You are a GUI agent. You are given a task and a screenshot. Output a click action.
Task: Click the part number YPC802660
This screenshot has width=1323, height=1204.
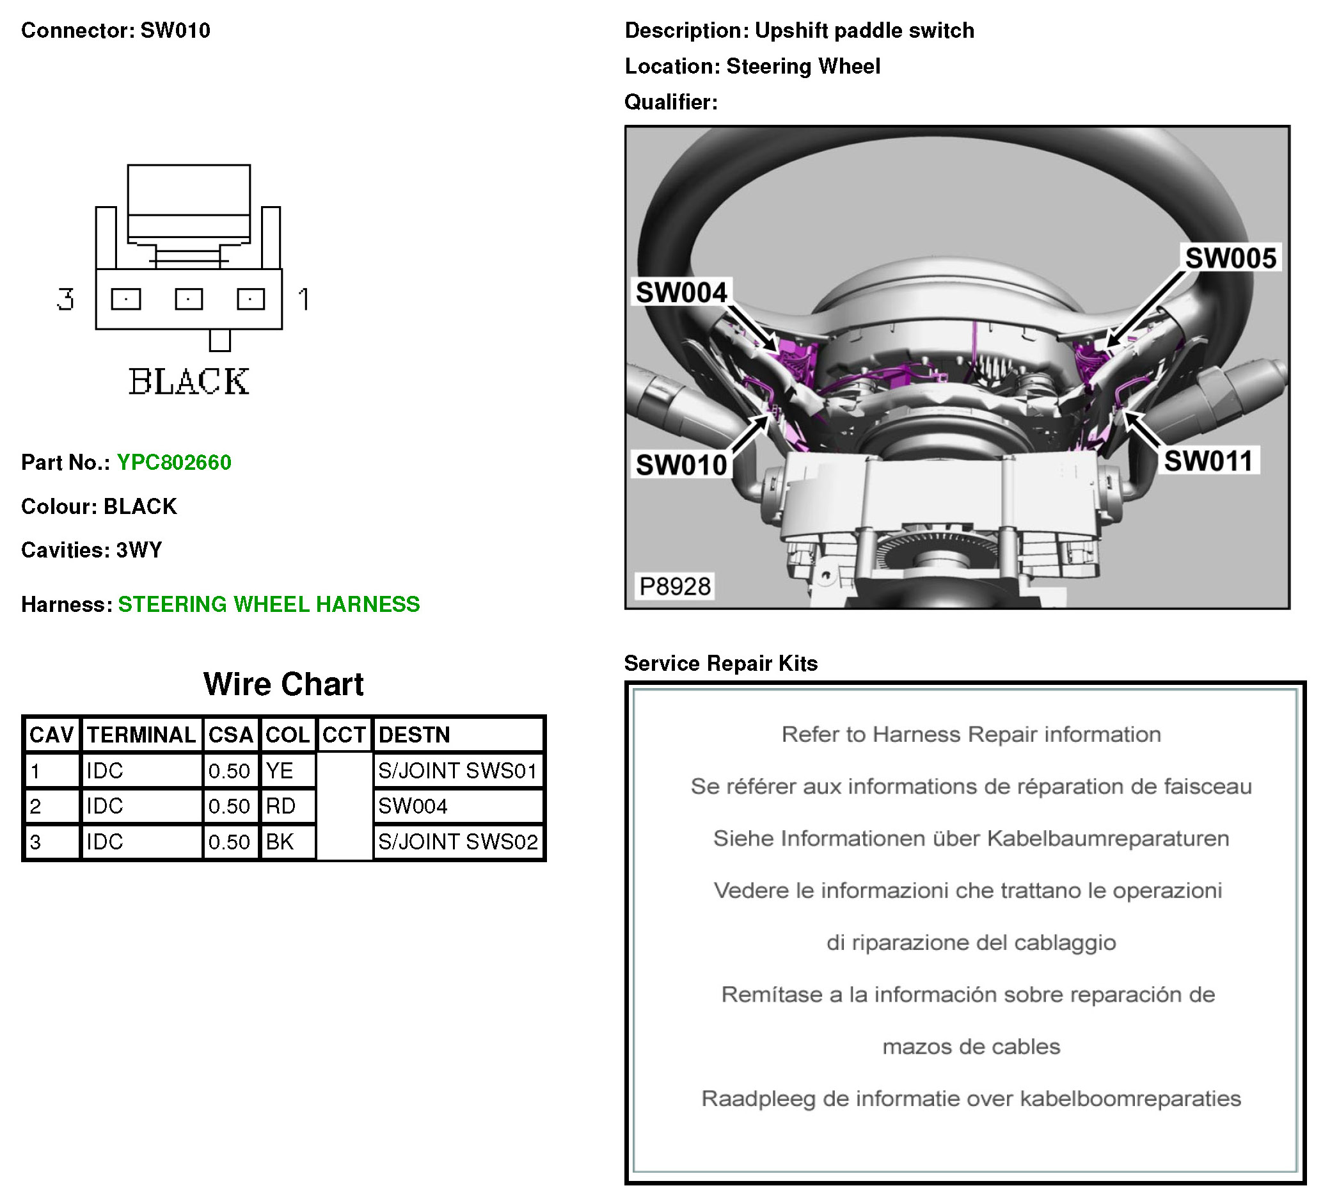pos(174,462)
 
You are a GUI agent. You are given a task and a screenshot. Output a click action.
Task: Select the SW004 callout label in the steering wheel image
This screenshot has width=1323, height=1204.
pos(681,292)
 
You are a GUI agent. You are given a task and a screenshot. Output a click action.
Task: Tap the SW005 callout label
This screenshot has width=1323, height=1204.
pos(1230,258)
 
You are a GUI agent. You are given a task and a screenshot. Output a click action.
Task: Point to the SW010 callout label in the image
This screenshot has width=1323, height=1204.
pos(681,465)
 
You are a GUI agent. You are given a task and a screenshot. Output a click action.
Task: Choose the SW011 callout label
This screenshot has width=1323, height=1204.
pos(1208,461)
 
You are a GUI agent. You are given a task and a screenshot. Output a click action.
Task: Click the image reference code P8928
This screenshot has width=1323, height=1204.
pos(675,586)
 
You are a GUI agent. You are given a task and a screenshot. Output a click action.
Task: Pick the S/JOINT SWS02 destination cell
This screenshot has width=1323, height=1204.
pos(458,842)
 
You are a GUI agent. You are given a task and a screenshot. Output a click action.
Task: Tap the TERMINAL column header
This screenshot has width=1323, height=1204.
pos(141,735)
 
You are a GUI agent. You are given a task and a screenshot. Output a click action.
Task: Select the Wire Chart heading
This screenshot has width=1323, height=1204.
pos(283,684)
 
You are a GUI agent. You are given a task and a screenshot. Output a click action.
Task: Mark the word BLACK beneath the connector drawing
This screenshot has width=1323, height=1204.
pos(189,382)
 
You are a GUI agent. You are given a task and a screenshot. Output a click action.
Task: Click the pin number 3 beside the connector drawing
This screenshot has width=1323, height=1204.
pos(66,300)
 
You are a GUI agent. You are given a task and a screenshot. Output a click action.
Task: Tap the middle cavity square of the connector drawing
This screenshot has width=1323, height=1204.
pos(189,300)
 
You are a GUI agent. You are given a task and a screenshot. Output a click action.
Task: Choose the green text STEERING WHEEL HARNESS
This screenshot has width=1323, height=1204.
pos(269,604)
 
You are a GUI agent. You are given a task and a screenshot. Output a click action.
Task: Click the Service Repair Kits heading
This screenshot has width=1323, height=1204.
pos(720,663)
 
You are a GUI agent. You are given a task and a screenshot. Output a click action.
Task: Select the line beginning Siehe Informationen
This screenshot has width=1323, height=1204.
pos(970,839)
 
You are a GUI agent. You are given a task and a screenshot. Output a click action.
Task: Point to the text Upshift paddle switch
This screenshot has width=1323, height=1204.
pos(864,30)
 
